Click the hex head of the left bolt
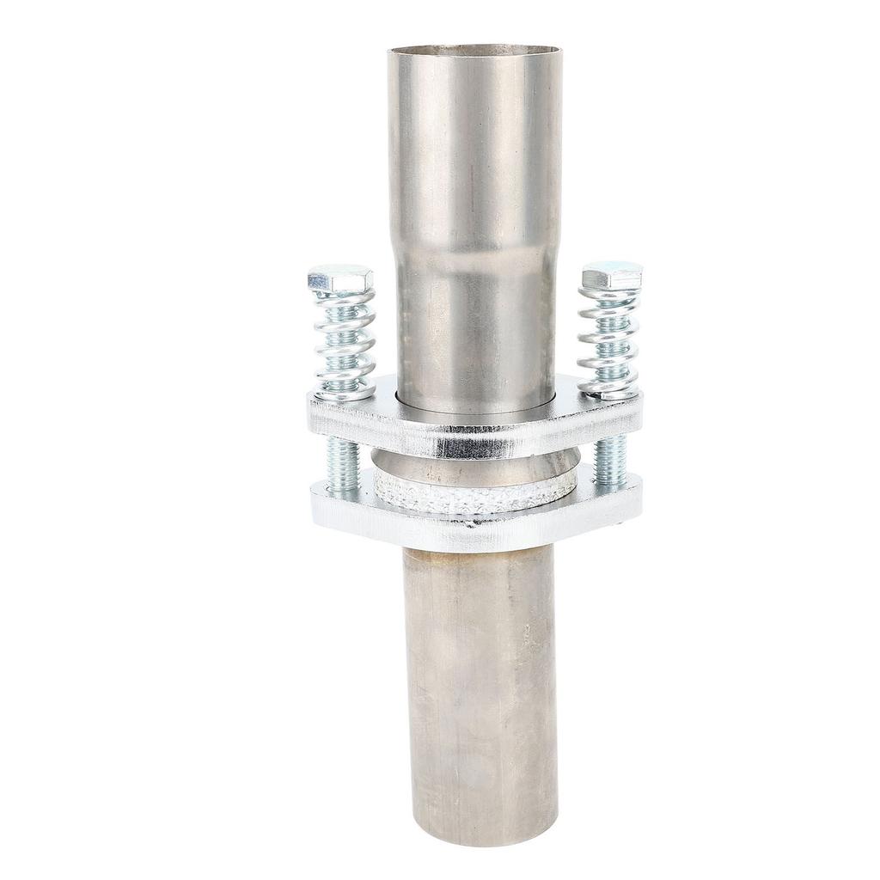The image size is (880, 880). click(340, 279)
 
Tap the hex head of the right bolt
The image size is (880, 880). click(612, 276)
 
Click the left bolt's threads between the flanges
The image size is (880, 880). click(342, 465)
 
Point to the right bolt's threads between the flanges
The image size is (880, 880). click(610, 461)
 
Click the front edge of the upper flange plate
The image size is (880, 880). click(473, 443)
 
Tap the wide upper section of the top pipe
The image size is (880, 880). click(474, 146)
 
